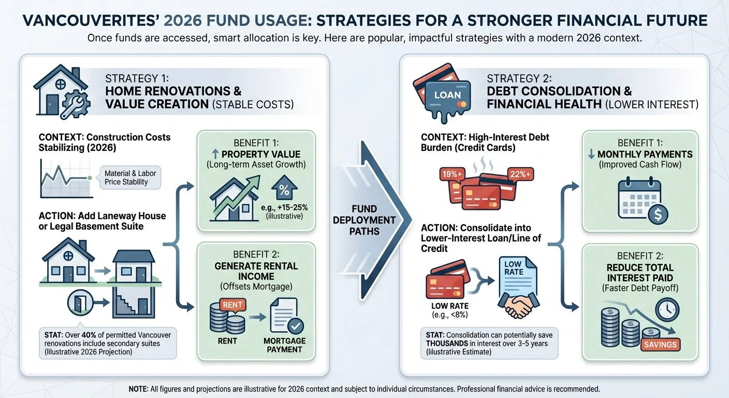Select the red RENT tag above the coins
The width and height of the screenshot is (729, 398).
click(x=232, y=305)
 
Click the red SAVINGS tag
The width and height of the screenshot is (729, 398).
click(x=660, y=345)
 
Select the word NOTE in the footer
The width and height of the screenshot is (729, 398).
click(x=139, y=388)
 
